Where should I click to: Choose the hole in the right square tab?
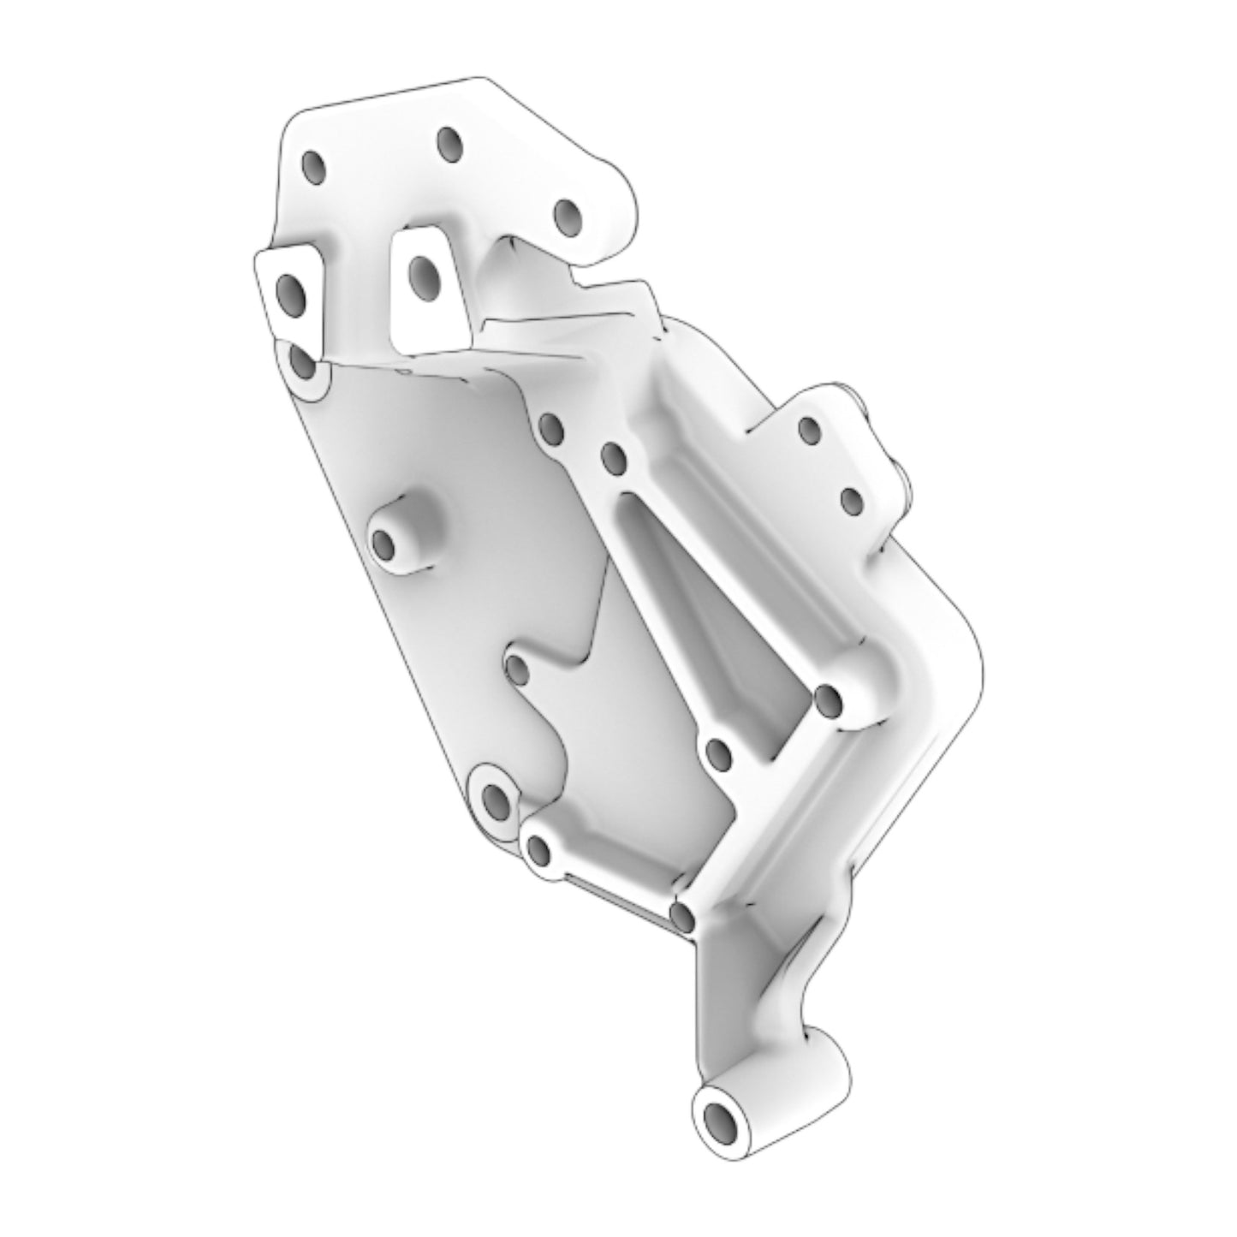pyautogui.click(x=423, y=272)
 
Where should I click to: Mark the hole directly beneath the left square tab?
pyautogui.click(x=301, y=364)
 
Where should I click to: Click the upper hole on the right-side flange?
pyautogui.click(x=807, y=429)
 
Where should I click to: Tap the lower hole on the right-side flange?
pyautogui.click(x=850, y=500)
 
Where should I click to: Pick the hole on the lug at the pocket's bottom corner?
pyautogui.click(x=719, y=753)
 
